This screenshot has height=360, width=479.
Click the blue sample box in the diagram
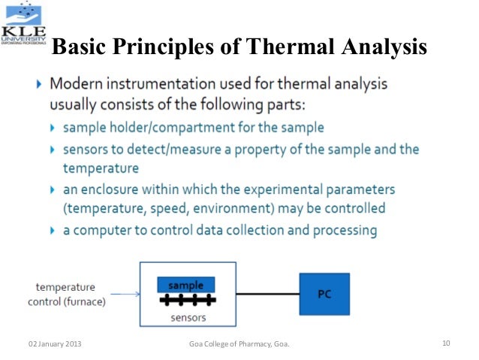[x=185, y=285]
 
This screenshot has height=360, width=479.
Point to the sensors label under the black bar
[x=188, y=316]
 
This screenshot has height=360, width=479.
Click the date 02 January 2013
[x=55, y=344]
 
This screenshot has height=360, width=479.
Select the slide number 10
[x=446, y=344]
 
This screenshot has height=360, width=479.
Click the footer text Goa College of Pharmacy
[x=239, y=344]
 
